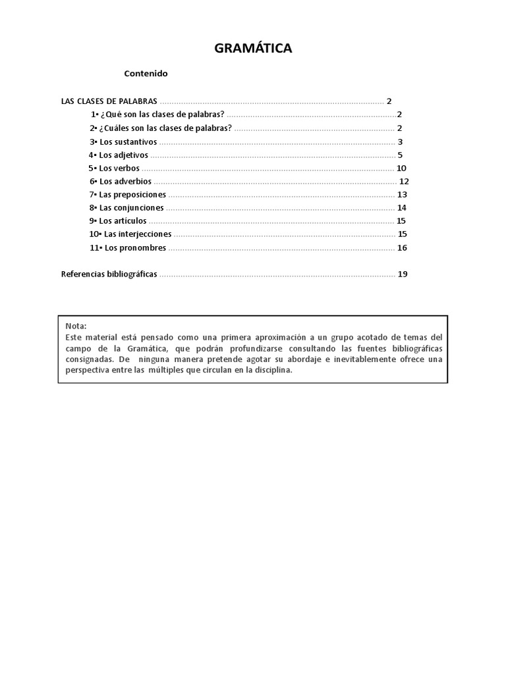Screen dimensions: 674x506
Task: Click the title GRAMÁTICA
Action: [253, 48]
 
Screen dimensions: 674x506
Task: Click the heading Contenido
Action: [146, 74]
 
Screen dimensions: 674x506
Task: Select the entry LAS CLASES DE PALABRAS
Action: [109, 101]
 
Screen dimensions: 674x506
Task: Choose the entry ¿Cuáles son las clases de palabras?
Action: [165, 128]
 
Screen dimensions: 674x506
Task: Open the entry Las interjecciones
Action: [136, 234]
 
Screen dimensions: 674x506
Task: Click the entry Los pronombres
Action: [134, 248]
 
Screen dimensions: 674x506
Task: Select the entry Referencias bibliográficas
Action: [109, 274]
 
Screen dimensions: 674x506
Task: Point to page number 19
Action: [403, 274]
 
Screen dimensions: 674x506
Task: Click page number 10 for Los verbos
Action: [401, 168]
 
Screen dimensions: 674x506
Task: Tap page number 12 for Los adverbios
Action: [405, 182]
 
